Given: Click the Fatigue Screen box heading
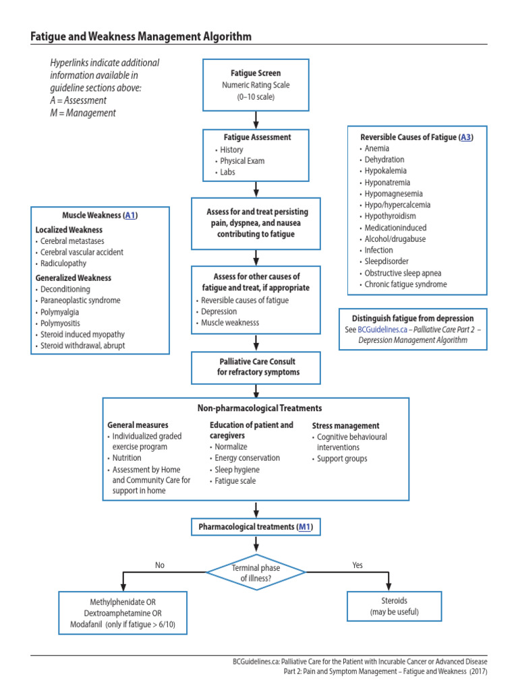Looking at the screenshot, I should tap(256, 73).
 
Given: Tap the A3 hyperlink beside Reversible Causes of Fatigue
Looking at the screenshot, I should tap(465, 137).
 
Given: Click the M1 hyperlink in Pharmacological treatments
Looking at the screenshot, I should tap(305, 526).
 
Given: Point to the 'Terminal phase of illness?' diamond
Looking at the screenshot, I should tap(256, 573).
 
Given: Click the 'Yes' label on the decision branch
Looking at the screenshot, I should tap(357, 565).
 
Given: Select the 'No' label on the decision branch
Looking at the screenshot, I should tap(159, 565).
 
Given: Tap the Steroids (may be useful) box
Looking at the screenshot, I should tap(394, 606).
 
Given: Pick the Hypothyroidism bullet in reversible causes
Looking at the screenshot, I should tap(390, 216).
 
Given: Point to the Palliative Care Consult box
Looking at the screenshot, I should tap(256, 367).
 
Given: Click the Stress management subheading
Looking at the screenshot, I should tap(345, 426).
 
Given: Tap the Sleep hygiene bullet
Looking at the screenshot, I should tap(236, 470).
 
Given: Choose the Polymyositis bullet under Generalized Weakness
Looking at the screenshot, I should tap(63, 323).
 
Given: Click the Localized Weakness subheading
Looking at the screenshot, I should tap(69, 230).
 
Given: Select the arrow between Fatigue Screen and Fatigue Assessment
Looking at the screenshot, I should tap(256, 119).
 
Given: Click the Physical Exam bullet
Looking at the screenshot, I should tap(242, 161).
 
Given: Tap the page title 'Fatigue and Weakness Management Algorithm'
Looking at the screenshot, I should tap(142, 36).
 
